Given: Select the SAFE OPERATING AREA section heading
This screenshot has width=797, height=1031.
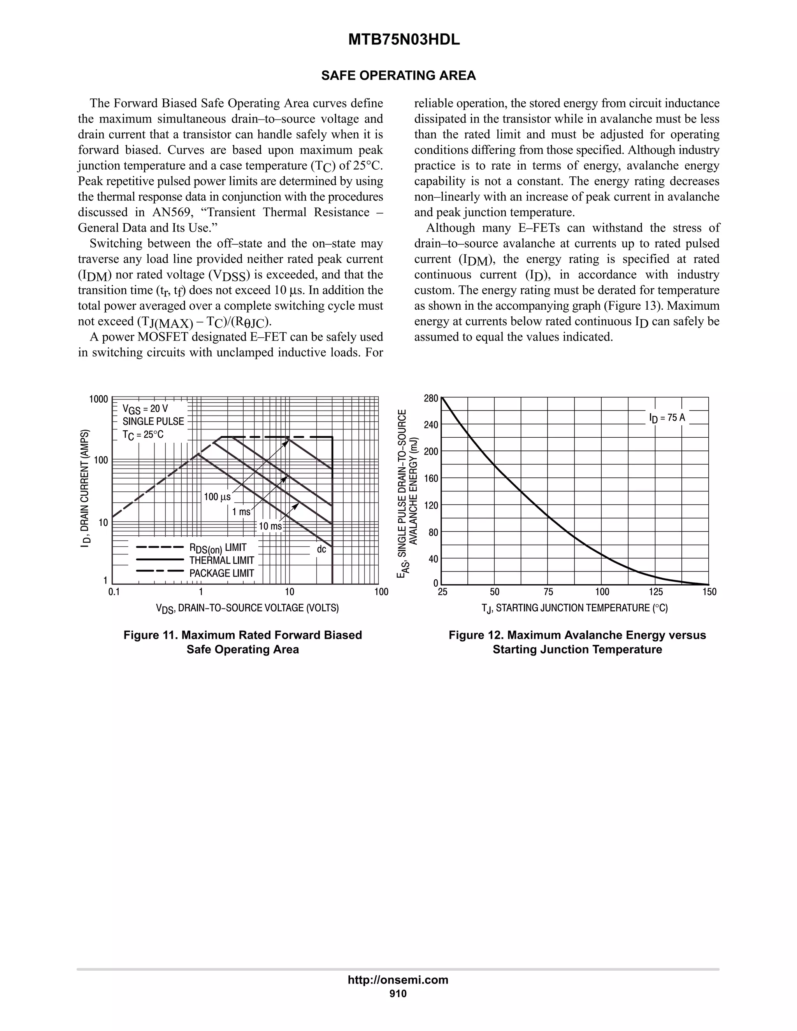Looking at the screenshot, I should [398, 75].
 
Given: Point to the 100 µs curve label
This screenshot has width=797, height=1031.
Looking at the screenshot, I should [217, 496].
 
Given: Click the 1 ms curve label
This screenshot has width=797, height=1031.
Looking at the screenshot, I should [241, 512].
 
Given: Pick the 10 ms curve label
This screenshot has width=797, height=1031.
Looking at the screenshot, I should [270, 526].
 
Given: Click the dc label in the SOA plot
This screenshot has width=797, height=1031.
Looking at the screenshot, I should [321, 549].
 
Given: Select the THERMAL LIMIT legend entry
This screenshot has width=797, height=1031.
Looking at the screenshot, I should [221, 560].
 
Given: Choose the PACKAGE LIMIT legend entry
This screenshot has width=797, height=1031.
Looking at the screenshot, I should [221, 573].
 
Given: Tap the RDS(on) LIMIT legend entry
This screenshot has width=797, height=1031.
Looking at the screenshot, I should [218, 548].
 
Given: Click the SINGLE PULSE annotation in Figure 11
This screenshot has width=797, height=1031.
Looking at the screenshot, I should [153, 421].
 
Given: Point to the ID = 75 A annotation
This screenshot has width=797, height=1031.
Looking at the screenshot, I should [667, 418].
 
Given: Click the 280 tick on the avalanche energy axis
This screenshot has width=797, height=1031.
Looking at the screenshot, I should [431, 398].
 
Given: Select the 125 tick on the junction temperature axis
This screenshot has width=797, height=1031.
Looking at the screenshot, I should [655, 592].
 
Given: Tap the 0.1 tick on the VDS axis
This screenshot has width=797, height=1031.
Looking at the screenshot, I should [114, 592].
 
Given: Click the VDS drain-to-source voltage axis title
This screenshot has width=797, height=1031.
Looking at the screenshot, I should [248, 608].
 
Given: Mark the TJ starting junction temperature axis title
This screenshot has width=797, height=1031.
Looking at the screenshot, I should [575, 608].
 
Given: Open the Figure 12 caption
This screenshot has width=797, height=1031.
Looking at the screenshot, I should [577, 642].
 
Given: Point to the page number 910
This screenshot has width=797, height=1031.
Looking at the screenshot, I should [398, 994].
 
